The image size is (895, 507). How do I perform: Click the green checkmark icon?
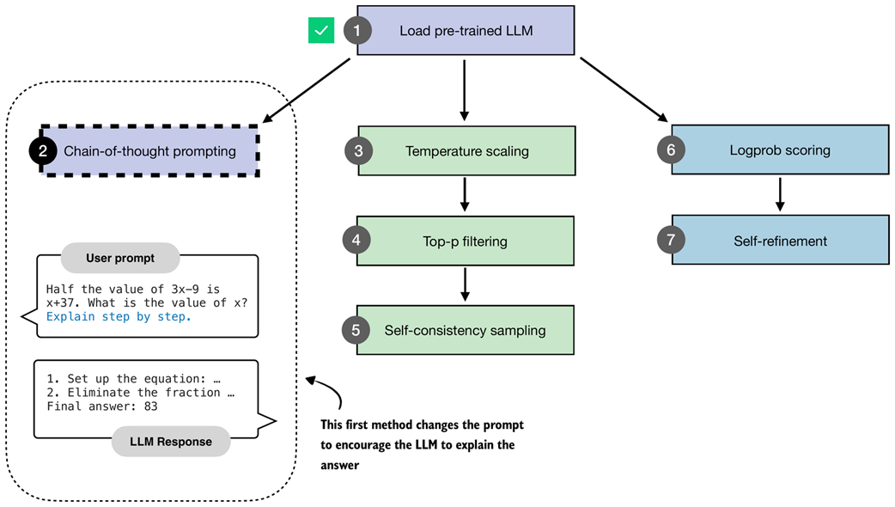click(321, 31)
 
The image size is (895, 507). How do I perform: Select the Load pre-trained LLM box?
click(466, 31)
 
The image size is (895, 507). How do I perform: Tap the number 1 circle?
click(357, 31)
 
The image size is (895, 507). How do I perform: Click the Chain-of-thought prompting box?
click(150, 151)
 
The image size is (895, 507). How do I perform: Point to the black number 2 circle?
click(43, 151)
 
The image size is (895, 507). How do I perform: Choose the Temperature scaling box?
click(466, 151)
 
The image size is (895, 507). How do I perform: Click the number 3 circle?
click(357, 151)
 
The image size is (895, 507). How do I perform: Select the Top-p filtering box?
click(466, 241)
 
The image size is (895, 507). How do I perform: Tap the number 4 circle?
click(357, 241)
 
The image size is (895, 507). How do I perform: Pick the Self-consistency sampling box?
click(466, 330)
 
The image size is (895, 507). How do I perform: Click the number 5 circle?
click(357, 330)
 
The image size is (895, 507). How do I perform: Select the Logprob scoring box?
click(779, 150)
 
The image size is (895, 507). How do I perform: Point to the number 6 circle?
click(671, 150)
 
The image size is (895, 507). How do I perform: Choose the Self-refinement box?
click(779, 241)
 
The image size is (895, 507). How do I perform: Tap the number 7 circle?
click(671, 241)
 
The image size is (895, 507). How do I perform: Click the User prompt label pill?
click(120, 258)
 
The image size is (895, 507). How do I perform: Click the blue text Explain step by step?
click(119, 316)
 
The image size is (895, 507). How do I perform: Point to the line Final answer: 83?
click(102, 406)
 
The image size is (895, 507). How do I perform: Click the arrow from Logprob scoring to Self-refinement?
click(779, 195)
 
